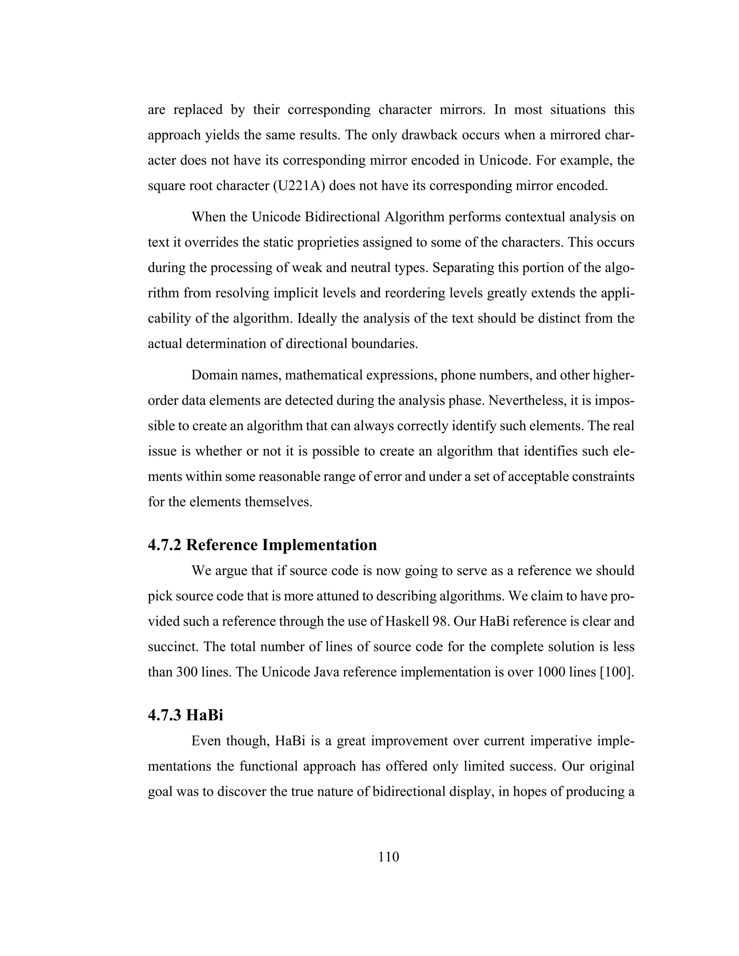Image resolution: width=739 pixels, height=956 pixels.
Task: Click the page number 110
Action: tap(389, 857)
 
